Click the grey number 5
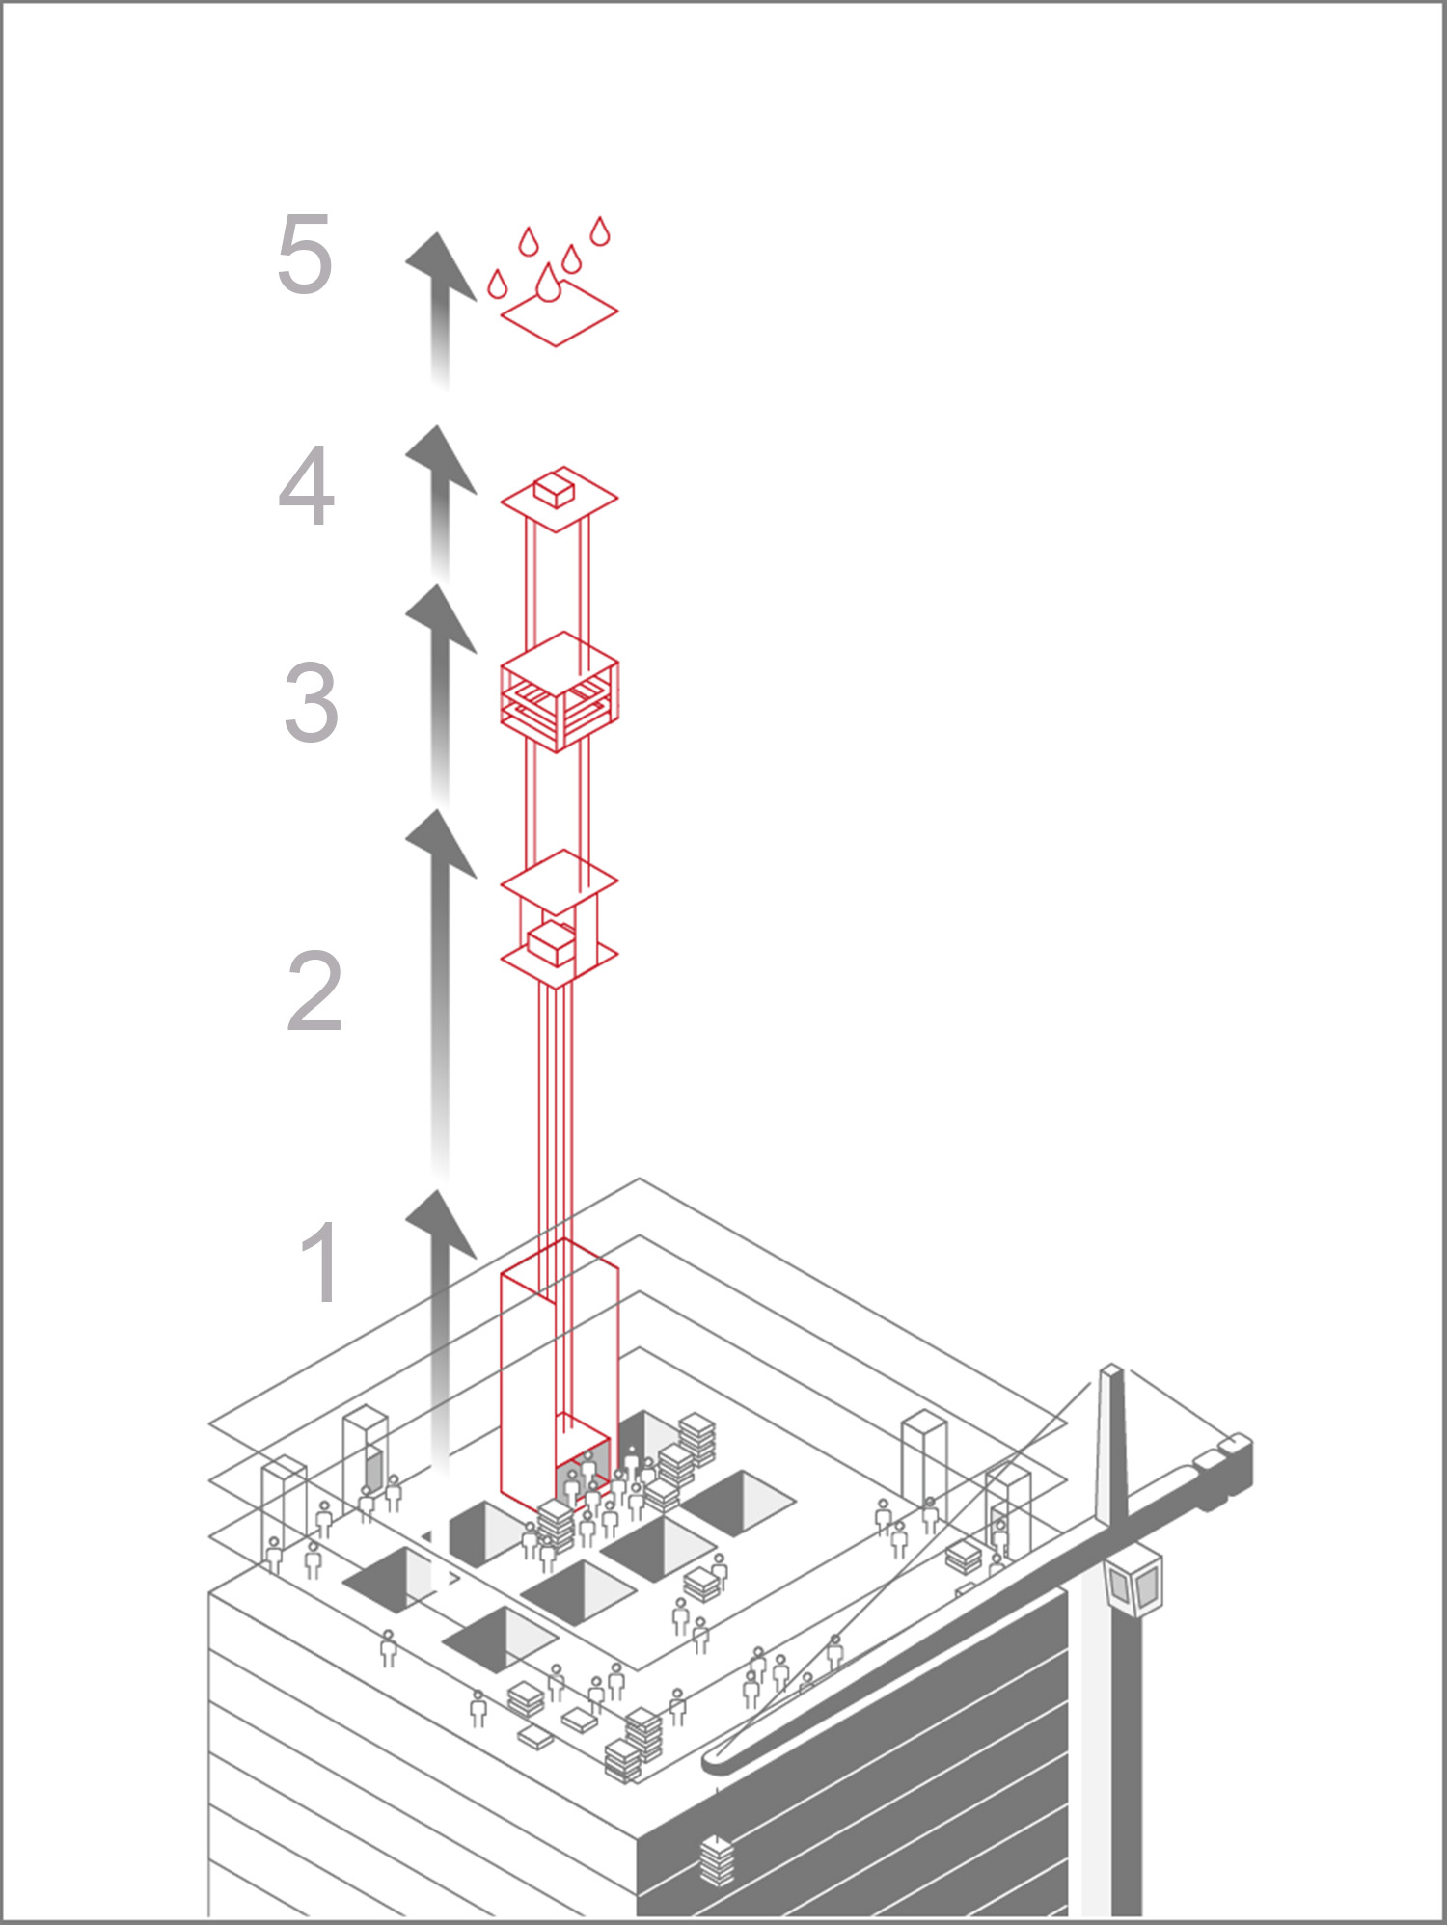[x=305, y=255]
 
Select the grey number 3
[x=311, y=702]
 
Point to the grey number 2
[x=314, y=991]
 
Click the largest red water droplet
[x=548, y=284]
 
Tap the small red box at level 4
[x=555, y=490]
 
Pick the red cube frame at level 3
[x=559, y=691]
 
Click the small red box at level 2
[x=551, y=942]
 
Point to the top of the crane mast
[x=1111, y=1371]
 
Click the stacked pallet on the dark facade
[x=715, y=1859]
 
